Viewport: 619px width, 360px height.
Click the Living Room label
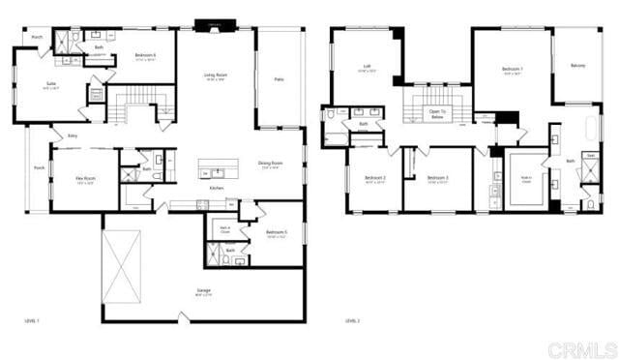click(215, 75)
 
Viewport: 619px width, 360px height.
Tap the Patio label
click(279, 78)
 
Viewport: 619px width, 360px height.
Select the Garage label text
click(204, 290)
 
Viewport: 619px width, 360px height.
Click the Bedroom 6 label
click(145, 55)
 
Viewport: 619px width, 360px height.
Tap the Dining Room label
click(270, 164)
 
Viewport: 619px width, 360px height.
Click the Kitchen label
click(217, 188)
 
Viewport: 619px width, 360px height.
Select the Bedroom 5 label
click(277, 233)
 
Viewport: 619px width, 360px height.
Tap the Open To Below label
click(437, 112)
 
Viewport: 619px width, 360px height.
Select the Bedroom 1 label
click(513, 69)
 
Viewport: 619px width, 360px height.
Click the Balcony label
click(577, 66)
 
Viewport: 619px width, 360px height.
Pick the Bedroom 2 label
click(375, 178)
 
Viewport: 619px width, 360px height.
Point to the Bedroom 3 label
click(438, 178)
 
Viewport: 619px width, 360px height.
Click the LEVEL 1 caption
click(32, 320)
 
